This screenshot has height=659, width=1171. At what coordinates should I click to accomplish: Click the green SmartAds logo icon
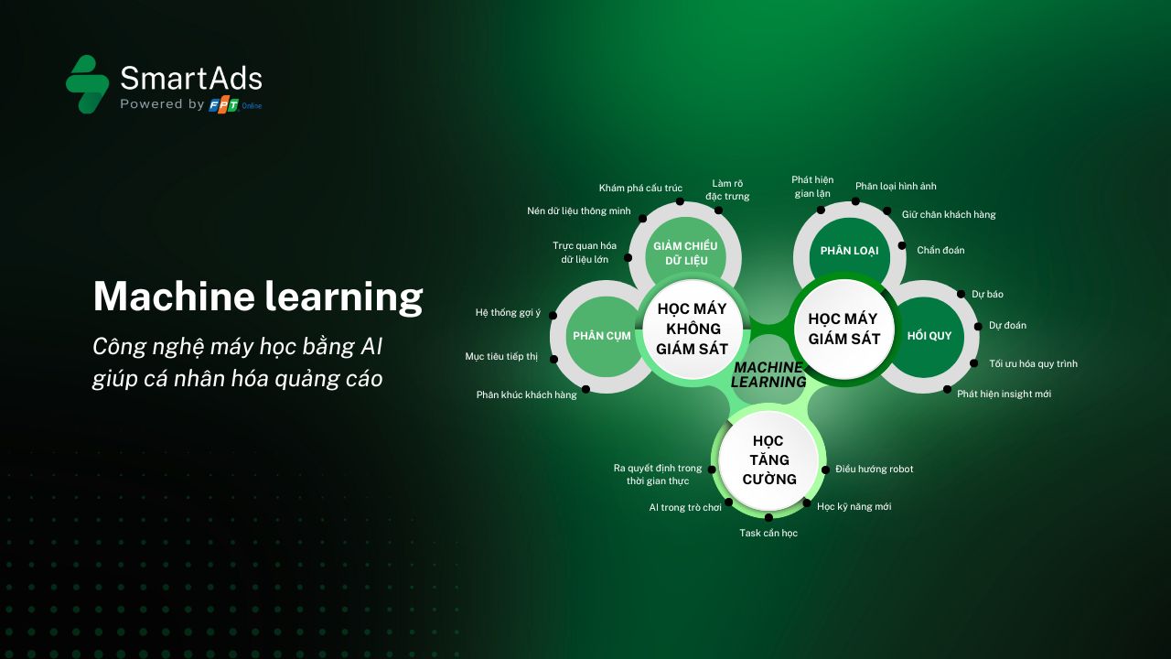pyautogui.click(x=87, y=83)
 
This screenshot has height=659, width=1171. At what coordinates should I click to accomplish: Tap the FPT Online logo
pyautogui.click(x=235, y=105)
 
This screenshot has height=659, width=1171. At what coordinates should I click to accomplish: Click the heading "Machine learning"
pyautogui.click(x=258, y=297)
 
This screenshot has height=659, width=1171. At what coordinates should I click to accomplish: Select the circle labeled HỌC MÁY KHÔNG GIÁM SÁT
pyautogui.click(x=693, y=329)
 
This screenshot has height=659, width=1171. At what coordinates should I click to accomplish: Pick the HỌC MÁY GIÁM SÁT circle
pyautogui.click(x=843, y=329)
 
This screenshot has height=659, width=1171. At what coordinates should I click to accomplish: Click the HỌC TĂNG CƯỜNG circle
pyautogui.click(x=768, y=460)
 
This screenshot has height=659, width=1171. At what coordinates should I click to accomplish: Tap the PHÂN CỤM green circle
pyautogui.click(x=602, y=336)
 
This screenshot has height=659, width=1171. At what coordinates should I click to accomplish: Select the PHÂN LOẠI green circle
pyautogui.click(x=849, y=251)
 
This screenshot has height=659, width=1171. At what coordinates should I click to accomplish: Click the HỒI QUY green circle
pyautogui.click(x=929, y=336)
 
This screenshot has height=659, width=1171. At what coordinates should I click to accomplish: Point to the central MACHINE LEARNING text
pyautogui.click(x=768, y=374)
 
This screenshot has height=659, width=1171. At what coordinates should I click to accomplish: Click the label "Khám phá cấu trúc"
pyautogui.click(x=640, y=189)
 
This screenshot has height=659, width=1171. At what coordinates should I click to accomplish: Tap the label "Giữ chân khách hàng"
pyautogui.click(x=949, y=214)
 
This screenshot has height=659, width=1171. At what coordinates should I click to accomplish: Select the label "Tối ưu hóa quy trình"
pyautogui.click(x=1033, y=363)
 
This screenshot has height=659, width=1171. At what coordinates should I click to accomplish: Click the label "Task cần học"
pyautogui.click(x=768, y=533)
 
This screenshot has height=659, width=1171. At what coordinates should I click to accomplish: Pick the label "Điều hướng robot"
pyautogui.click(x=874, y=470)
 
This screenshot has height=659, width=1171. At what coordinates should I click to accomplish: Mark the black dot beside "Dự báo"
pyautogui.click(x=961, y=294)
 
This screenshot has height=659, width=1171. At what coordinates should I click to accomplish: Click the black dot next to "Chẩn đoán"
pyautogui.click(x=902, y=246)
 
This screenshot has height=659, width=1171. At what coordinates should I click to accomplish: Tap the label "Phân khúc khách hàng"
pyautogui.click(x=526, y=394)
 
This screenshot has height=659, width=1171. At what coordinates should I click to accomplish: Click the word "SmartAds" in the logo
pyautogui.click(x=191, y=79)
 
